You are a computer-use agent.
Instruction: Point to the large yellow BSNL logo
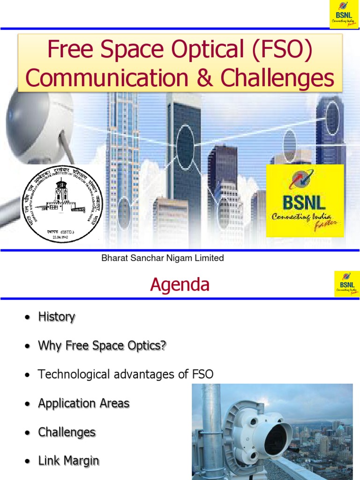[305, 200]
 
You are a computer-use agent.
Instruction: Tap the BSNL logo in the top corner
[344, 15]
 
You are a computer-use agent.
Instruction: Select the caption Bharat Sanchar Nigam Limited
[163, 258]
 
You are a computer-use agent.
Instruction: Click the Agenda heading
[180, 285]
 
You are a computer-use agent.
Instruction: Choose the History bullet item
[56, 317]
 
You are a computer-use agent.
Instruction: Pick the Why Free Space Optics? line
[102, 346]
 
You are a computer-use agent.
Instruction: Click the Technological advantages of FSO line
[126, 375]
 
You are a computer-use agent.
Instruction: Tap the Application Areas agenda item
[83, 403]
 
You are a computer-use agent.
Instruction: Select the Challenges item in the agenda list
[67, 432]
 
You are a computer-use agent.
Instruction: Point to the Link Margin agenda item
[68, 461]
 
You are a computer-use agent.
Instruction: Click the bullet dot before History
[28, 318]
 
